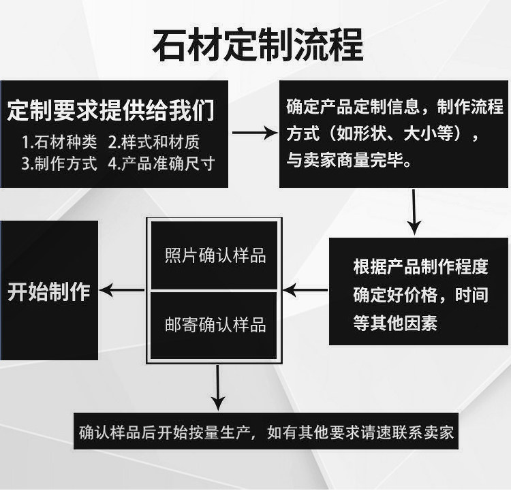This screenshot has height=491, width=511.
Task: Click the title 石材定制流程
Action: point(257,44)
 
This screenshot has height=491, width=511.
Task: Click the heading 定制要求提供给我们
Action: point(111,109)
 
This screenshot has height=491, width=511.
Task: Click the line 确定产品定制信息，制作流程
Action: point(394,108)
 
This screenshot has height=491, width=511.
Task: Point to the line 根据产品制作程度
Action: point(420,266)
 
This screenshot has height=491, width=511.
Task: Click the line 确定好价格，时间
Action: point(420,294)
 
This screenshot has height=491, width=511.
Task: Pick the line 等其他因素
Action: point(394,322)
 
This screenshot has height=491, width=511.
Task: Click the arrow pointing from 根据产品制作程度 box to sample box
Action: point(305,291)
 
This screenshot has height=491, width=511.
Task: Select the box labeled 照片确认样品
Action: point(215,256)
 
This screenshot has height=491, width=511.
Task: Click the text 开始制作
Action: point(49,291)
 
